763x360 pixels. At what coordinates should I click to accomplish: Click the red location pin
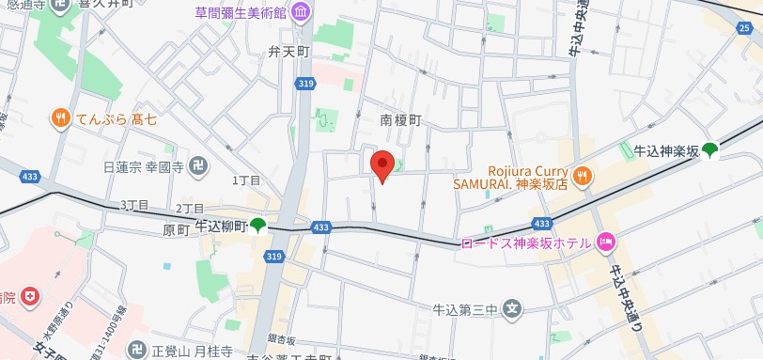(x=381, y=166)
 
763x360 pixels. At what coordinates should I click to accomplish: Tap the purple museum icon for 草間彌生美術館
(x=301, y=12)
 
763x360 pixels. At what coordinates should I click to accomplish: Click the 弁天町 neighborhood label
(x=288, y=52)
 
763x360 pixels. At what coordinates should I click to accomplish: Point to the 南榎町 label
(x=401, y=121)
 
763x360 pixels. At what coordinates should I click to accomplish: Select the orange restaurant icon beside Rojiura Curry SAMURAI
(x=583, y=174)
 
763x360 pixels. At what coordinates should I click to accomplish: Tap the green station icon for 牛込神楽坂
(x=709, y=149)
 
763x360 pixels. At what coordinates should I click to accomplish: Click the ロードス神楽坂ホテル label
(x=526, y=243)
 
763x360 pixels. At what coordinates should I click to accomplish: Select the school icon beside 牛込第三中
(x=512, y=306)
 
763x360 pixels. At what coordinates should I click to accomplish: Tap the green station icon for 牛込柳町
(x=257, y=227)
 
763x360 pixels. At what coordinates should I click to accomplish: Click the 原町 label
(x=177, y=229)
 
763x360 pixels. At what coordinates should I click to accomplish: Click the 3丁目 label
(x=134, y=205)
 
